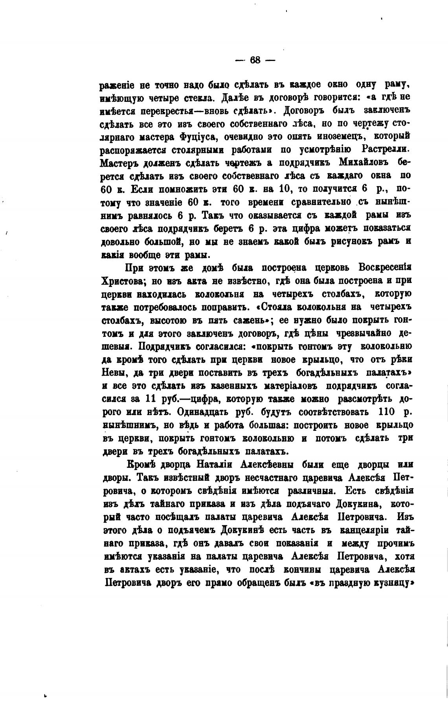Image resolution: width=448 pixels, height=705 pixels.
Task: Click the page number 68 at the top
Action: click(x=255, y=60)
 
